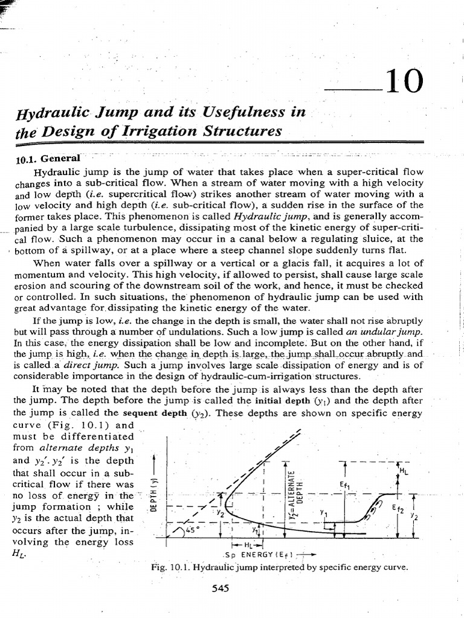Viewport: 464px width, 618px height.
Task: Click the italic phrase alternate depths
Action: point(78,448)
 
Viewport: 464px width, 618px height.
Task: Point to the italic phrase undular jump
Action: point(393,332)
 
